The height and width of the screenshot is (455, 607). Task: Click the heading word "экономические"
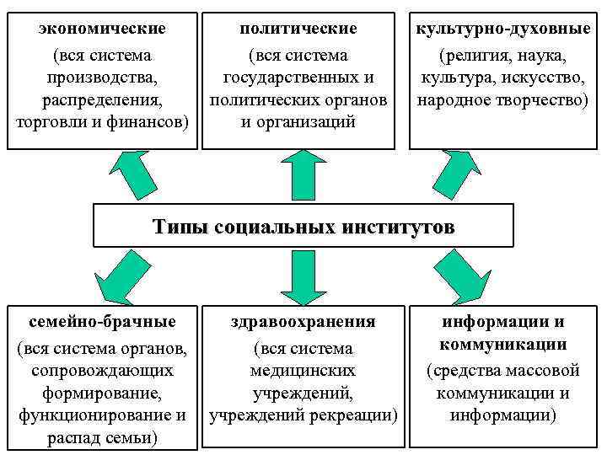coord(102,29)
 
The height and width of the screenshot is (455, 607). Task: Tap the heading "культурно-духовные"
coord(503,29)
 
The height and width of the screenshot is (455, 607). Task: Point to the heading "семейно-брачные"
coord(102,322)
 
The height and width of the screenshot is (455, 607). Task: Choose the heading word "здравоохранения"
coord(303,322)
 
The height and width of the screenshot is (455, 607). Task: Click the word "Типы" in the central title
coord(180,227)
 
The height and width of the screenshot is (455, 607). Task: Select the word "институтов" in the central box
coord(401,227)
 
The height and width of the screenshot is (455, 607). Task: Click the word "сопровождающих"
coord(102,371)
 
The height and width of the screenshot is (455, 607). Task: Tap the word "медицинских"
coord(303,371)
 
